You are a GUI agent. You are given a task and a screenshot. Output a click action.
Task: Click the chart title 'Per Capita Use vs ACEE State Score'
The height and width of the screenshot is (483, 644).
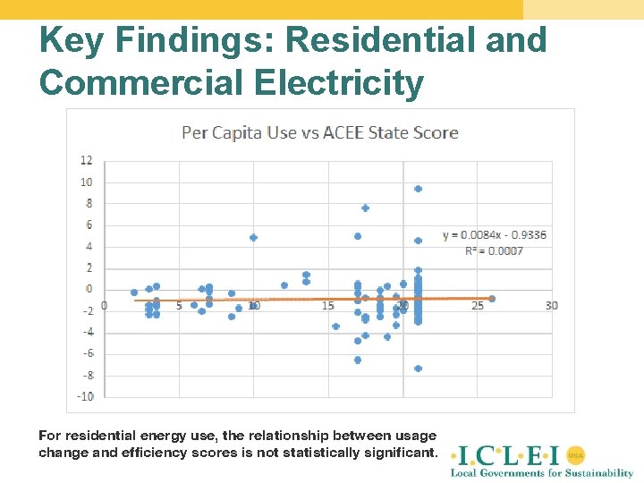click(x=320, y=132)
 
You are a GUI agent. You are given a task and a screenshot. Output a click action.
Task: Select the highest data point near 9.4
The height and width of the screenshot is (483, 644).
click(x=418, y=189)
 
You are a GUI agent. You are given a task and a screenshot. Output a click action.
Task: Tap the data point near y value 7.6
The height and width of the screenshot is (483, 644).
click(x=365, y=208)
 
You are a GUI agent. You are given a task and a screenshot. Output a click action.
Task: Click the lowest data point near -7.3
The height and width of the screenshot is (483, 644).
click(x=418, y=369)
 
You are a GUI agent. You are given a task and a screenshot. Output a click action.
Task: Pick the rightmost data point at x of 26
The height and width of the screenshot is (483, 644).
click(x=492, y=299)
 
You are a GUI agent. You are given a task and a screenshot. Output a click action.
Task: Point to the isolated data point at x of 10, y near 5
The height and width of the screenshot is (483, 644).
click(x=253, y=238)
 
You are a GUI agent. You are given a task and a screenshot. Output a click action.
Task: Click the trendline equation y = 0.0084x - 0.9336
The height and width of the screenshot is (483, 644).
click(x=495, y=235)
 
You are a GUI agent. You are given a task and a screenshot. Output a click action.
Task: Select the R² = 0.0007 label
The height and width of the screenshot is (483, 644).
click(x=495, y=251)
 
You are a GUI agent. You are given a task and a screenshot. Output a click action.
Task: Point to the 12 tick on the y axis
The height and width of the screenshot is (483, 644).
click(x=87, y=161)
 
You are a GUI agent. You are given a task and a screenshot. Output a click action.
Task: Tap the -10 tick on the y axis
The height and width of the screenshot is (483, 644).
click(x=85, y=396)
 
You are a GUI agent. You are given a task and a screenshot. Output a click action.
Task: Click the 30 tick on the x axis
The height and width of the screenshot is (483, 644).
click(x=551, y=306)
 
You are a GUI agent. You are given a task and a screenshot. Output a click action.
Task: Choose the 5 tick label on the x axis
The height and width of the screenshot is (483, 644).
click(x=179, y=306)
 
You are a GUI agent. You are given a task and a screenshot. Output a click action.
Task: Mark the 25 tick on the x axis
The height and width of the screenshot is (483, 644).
click(x=477, y=306)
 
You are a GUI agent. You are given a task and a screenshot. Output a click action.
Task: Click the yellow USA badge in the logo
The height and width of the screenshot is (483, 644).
click(x=576, y=454)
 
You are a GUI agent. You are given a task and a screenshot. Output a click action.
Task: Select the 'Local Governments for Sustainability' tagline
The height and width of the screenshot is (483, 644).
click(x=541, y=472)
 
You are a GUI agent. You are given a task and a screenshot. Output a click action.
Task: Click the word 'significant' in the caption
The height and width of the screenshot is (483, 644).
click(x=400, y=453)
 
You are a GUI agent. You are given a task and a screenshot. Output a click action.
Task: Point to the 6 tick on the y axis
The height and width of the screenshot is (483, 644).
click(x=88, y=225)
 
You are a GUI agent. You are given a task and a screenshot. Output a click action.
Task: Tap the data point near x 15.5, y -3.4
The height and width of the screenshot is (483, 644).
click(x=335, y=326)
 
